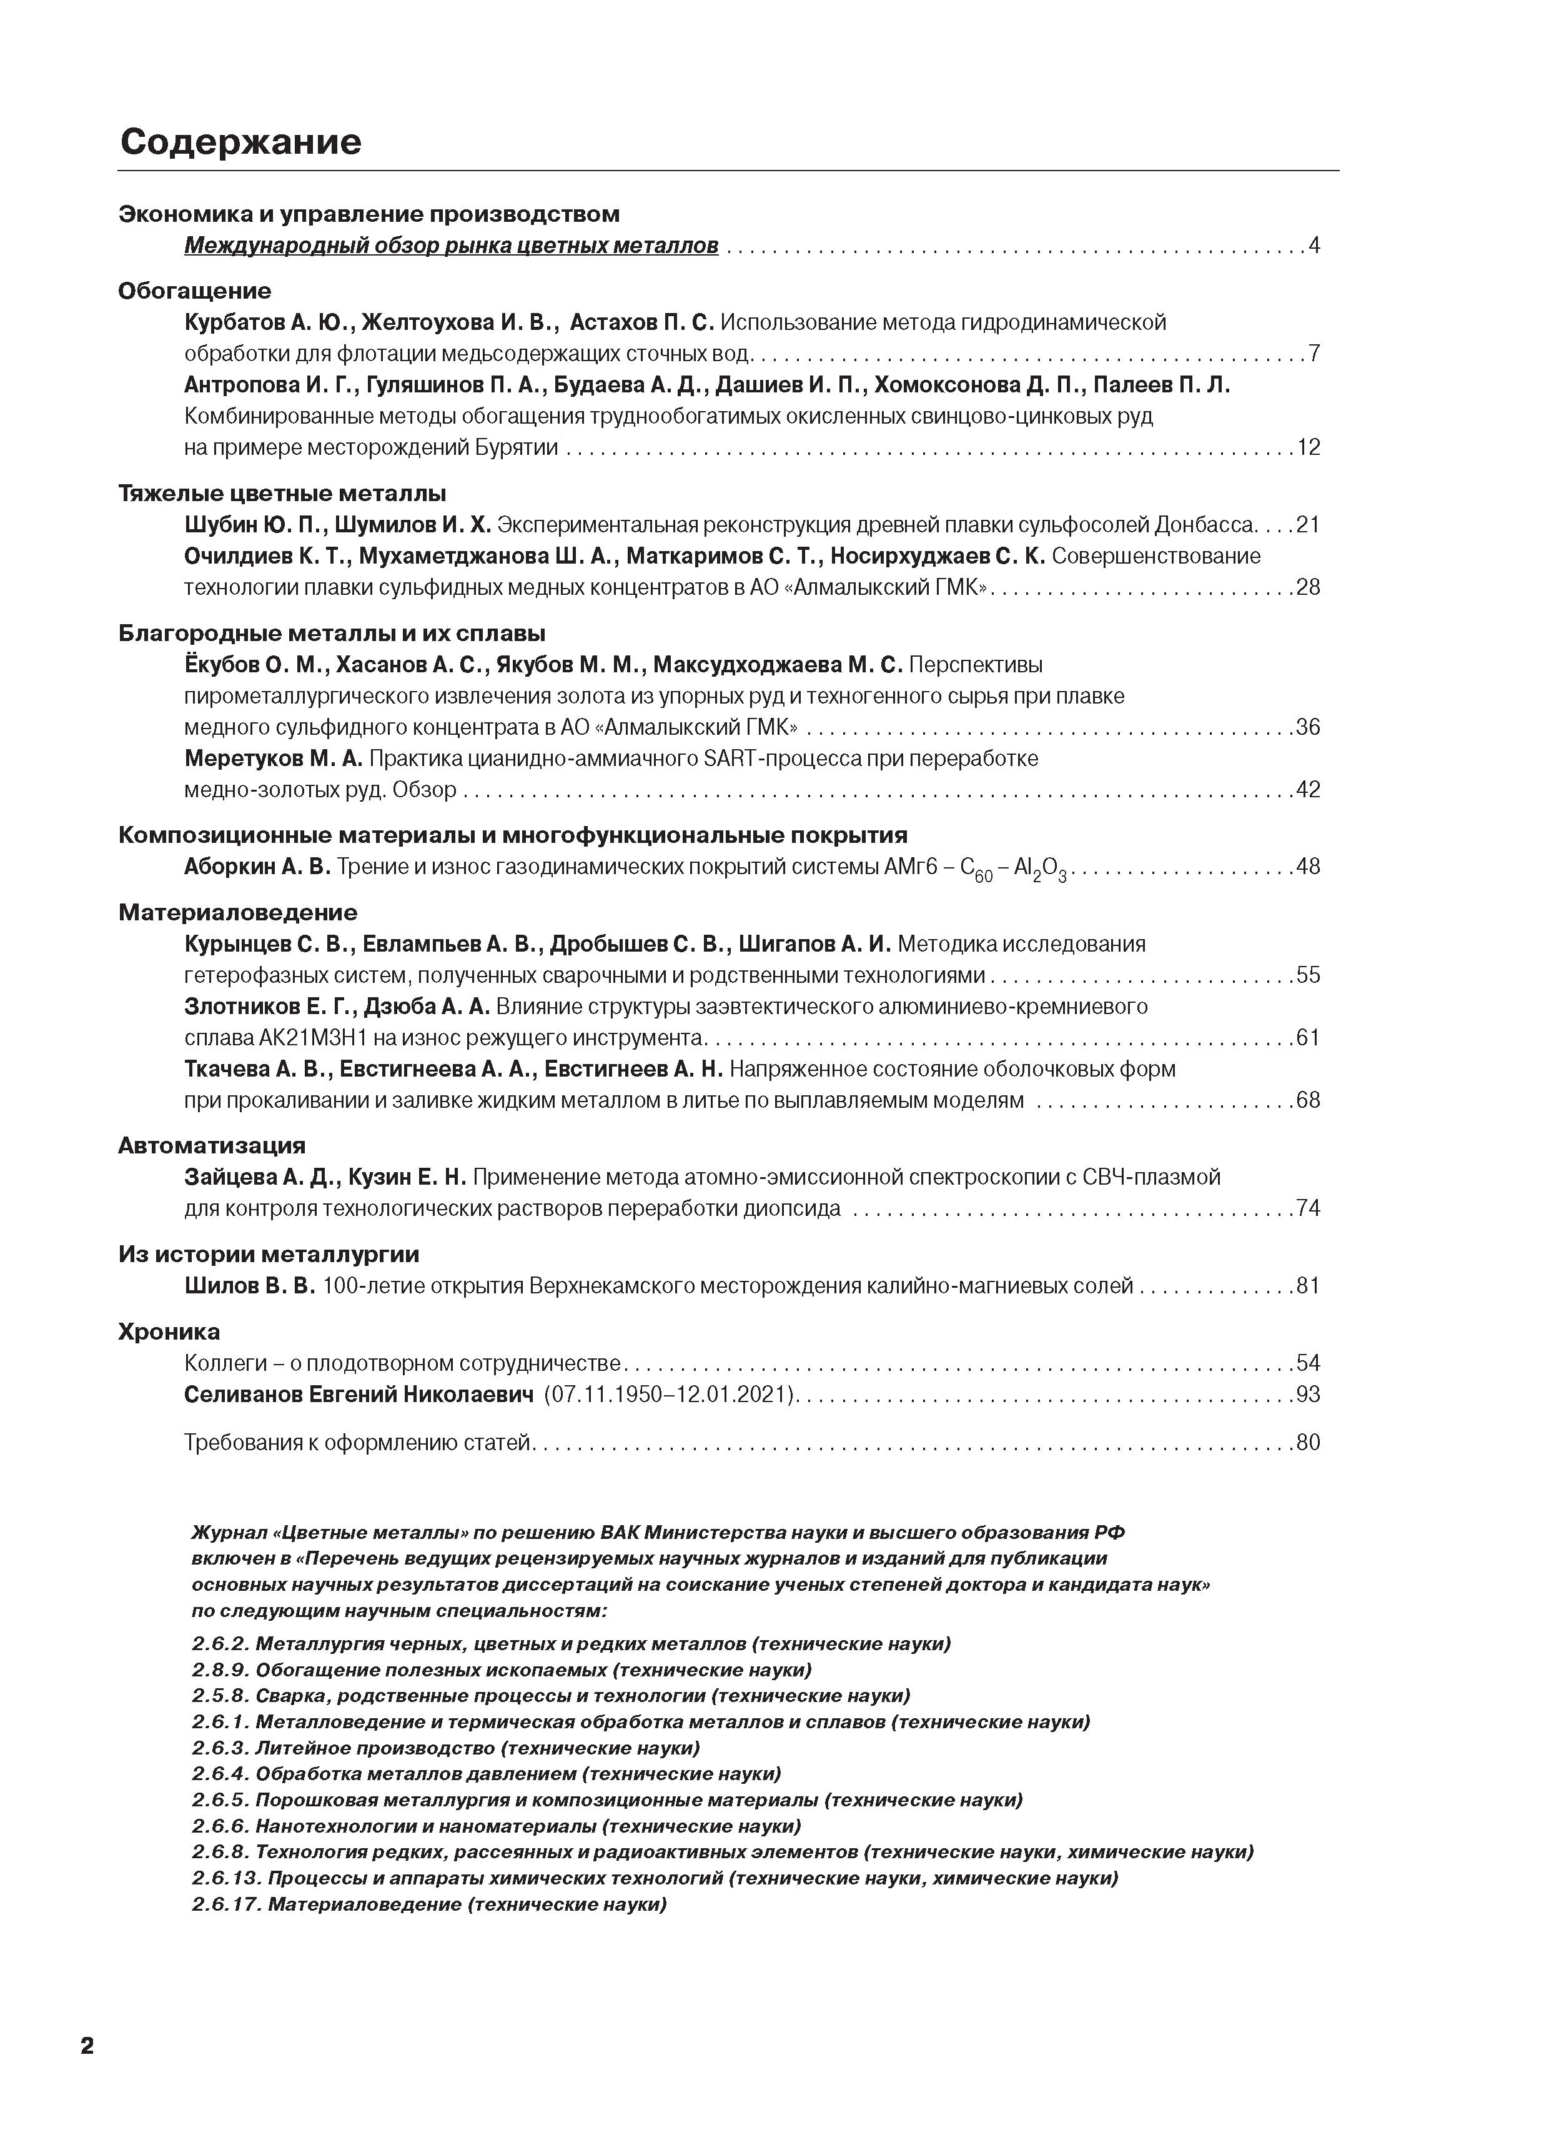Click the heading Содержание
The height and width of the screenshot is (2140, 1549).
(240, 142)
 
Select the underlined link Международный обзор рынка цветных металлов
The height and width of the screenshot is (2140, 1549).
(451, 246)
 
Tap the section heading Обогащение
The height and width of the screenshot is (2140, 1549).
(194, 291)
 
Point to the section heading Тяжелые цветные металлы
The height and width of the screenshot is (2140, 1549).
(282, 494)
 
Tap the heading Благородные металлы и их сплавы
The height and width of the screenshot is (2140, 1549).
(332, 633)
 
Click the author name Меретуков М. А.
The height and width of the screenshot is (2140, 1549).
(272, 759)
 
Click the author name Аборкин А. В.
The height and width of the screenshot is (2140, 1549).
(257, 866)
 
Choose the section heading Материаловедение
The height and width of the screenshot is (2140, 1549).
(238, 912)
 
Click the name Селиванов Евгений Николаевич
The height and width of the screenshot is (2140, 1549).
(359, 1393)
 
